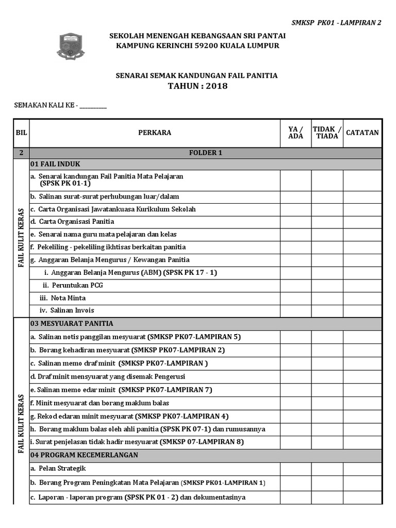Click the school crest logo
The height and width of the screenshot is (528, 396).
[71, 45]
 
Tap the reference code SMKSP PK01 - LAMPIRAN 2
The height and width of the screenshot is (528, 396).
[336, 23]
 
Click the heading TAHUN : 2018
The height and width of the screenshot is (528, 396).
[197, 86]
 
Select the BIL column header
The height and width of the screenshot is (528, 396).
[21, 133]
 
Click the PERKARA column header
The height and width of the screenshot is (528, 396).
[155, 133]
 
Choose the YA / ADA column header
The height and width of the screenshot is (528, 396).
[295, 133]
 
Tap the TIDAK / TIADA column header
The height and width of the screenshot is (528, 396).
[327, 133]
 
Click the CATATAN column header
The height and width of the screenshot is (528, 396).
[362, 133]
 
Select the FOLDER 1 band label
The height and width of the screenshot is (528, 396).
[206, 153]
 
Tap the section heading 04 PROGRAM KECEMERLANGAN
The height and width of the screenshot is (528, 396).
[84, 455]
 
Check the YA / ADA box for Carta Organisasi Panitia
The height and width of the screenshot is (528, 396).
[295, 222]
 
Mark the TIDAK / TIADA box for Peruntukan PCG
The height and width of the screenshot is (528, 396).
[327, 285]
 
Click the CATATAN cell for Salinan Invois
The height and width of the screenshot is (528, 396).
[362, 310]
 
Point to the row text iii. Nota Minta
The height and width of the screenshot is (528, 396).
[62, 298]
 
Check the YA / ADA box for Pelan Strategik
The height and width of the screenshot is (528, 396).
[295, 469]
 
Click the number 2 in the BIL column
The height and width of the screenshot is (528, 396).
[21, 153]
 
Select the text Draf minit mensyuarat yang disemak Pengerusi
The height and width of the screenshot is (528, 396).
[108, 376]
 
